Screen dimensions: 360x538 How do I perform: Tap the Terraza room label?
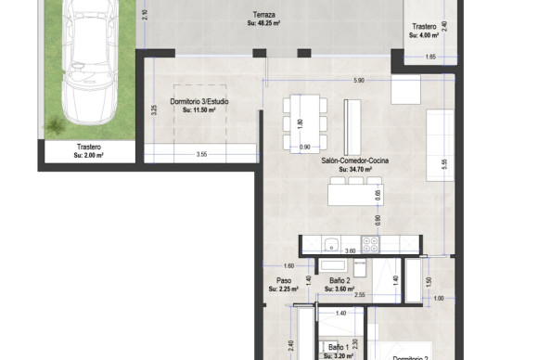click(263, 15)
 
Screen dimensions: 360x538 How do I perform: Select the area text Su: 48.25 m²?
click(263, 23)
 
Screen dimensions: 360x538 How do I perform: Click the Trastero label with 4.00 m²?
click(424, 27)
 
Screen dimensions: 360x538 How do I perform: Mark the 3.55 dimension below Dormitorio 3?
click(201, 154)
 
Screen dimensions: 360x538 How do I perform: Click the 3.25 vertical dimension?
click(153, 109)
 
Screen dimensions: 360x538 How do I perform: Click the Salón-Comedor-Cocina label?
click(354, 161)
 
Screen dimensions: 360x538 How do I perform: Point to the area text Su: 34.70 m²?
click(354, 170)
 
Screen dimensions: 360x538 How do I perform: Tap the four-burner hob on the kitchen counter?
click(370, 245)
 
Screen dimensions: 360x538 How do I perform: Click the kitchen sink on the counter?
click(330, 245)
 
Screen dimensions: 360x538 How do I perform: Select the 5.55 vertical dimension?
click(444, 163)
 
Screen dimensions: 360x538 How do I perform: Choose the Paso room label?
click(284, 280)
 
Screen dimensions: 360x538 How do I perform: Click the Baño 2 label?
click(339, 280)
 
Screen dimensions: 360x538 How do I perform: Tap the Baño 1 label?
click(338, 346)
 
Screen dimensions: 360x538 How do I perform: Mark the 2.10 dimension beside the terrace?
click(145, 14)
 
